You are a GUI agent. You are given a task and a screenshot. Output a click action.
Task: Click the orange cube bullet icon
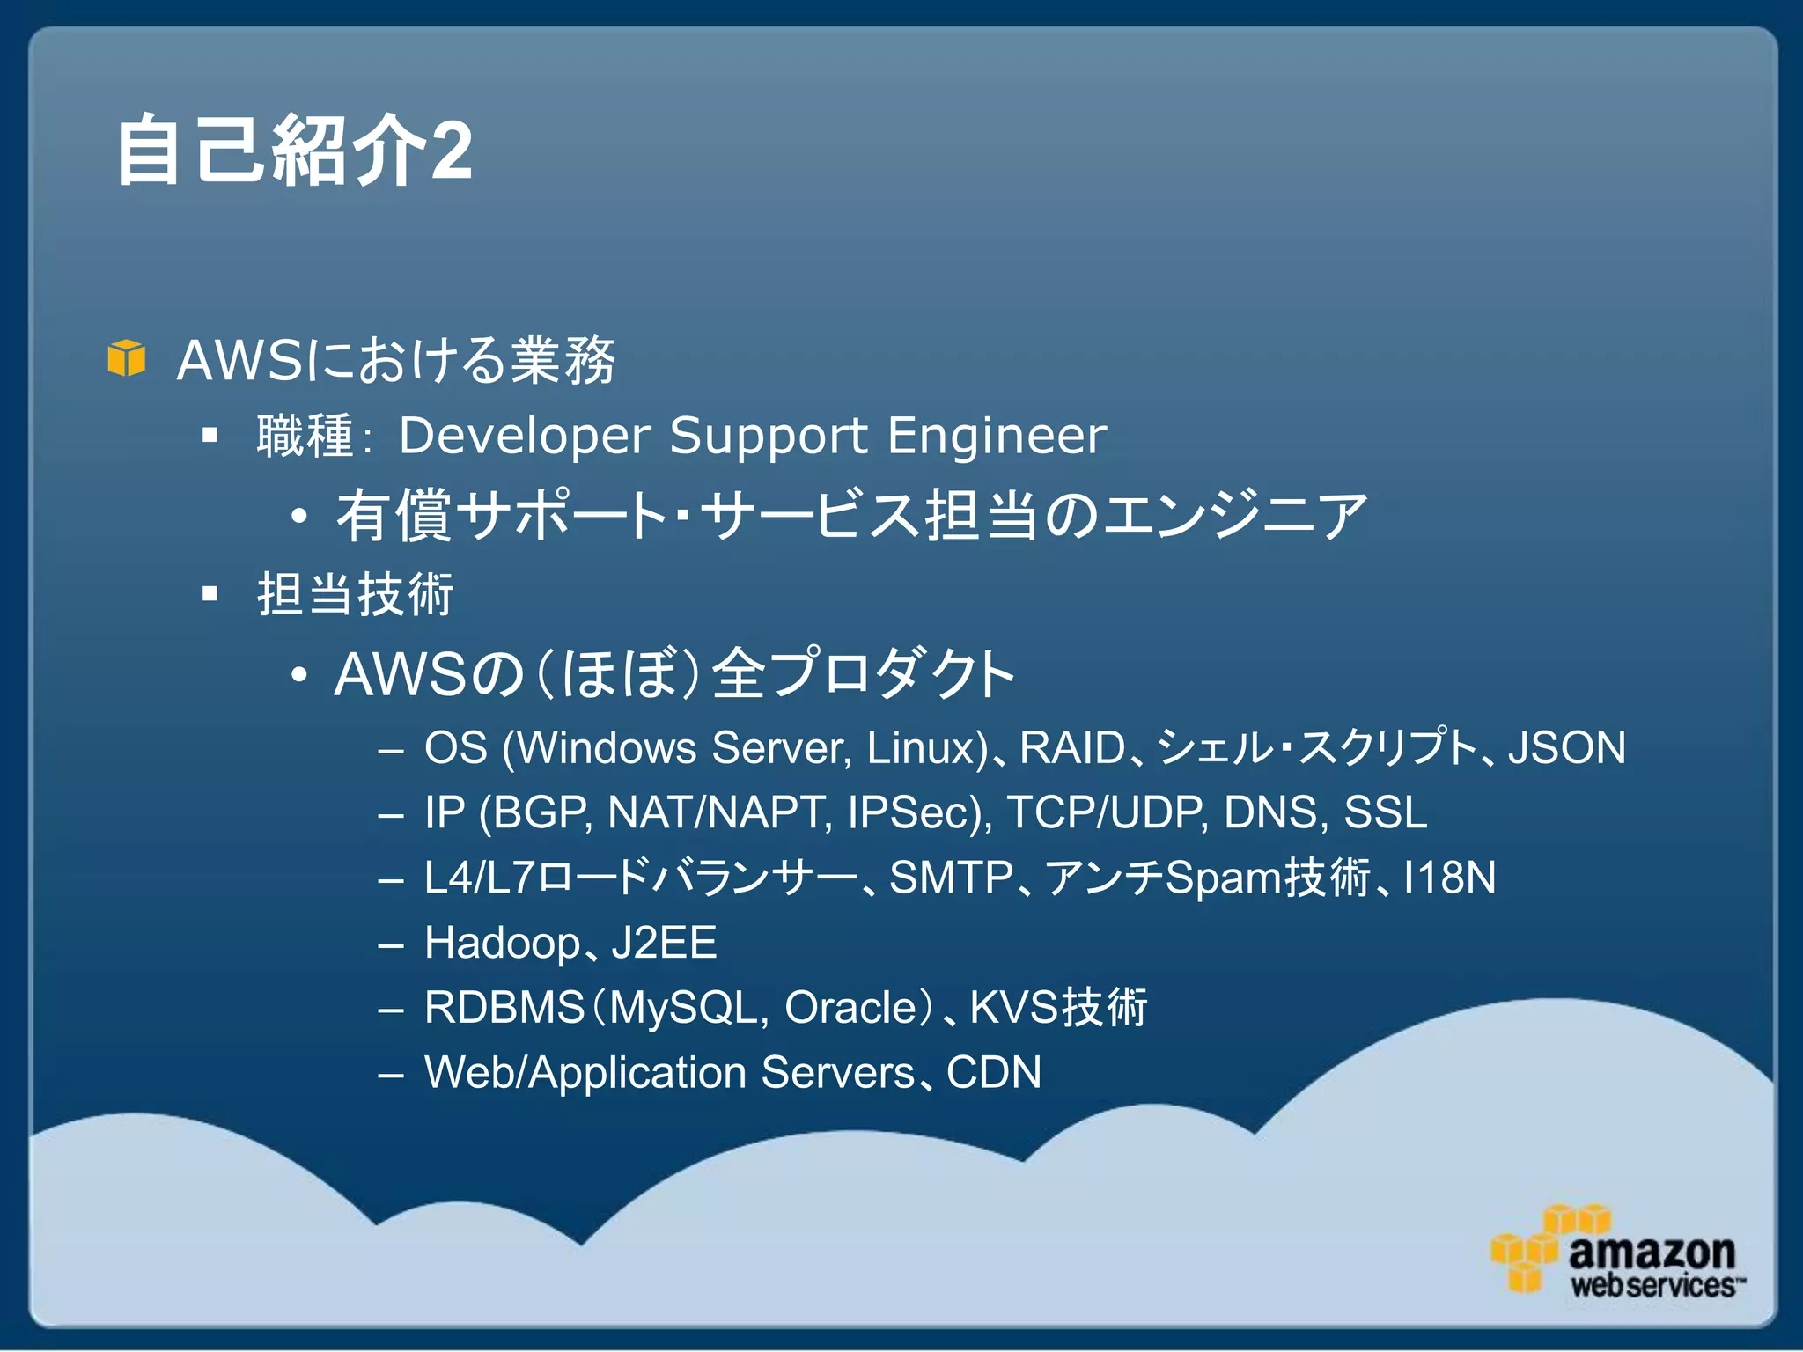[x=126, y=358]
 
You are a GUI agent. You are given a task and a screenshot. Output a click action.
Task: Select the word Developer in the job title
[x=525, y=436]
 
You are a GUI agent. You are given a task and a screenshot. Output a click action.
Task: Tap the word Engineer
[x=997, y=436]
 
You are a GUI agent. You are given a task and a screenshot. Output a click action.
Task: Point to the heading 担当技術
[x=355, y=594]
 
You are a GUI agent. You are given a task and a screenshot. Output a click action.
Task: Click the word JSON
[x=1566, y=748]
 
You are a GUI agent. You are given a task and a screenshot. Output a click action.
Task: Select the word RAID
[x=1072, y=748]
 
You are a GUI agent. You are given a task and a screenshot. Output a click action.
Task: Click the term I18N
[x=1449, y=878]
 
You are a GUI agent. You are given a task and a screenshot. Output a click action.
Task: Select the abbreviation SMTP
[x=952, y=878]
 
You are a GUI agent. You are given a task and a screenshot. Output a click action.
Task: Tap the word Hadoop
[x=503, y=943]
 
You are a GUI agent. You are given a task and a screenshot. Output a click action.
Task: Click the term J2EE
[x=665, y=943]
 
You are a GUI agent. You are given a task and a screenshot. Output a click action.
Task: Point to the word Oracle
[x=850, y=1008]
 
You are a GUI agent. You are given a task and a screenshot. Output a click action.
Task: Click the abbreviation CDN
[x=994, y=1072]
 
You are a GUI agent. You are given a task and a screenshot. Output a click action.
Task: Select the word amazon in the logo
[x=1652, y=1253]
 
